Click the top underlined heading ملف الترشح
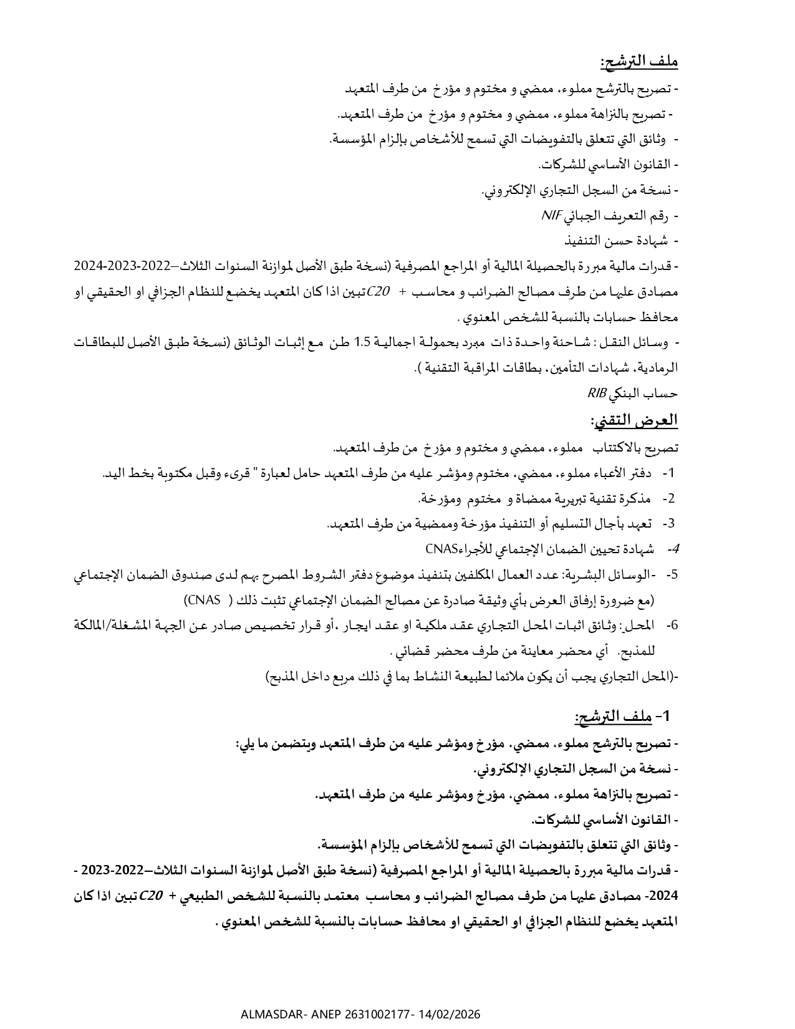click(x=638, y=62)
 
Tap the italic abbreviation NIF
click(x=551, y=216)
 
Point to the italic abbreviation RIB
click(x=597, y=394)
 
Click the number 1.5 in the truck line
click(x=363, y=342)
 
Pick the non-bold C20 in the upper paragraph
click(x=379, y=292)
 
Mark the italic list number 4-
click(x=672, y=549)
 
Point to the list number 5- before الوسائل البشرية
click(x=672, y=574)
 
